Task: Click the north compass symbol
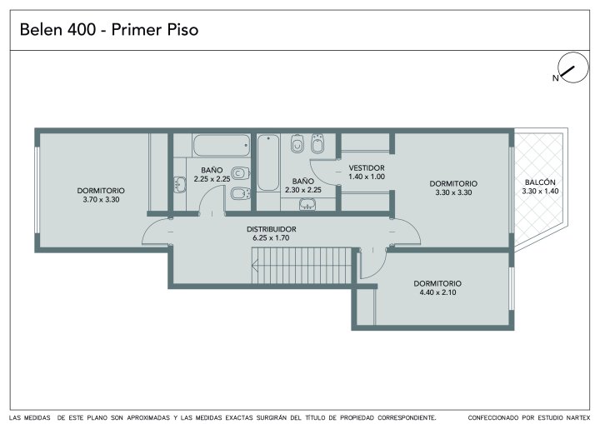pos(573,67)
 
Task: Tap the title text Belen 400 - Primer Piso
pos(109,30)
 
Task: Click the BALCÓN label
pos(540,182)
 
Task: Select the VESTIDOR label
pos(367,168)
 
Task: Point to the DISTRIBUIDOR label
pos(272,229)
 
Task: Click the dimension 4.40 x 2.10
pos(437,292)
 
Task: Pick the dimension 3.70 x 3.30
pos(101,199)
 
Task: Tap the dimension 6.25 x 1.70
pos(271,238)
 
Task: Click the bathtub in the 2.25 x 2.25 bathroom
pos(222,146)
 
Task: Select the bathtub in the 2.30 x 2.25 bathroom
pos(268,162)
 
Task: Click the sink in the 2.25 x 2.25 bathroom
pos(179,184)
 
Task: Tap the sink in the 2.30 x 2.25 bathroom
pos(307,204)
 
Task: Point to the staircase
pos(302,266)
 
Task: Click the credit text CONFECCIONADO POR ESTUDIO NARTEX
pos(529,417)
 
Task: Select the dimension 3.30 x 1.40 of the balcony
pos(540,192)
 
